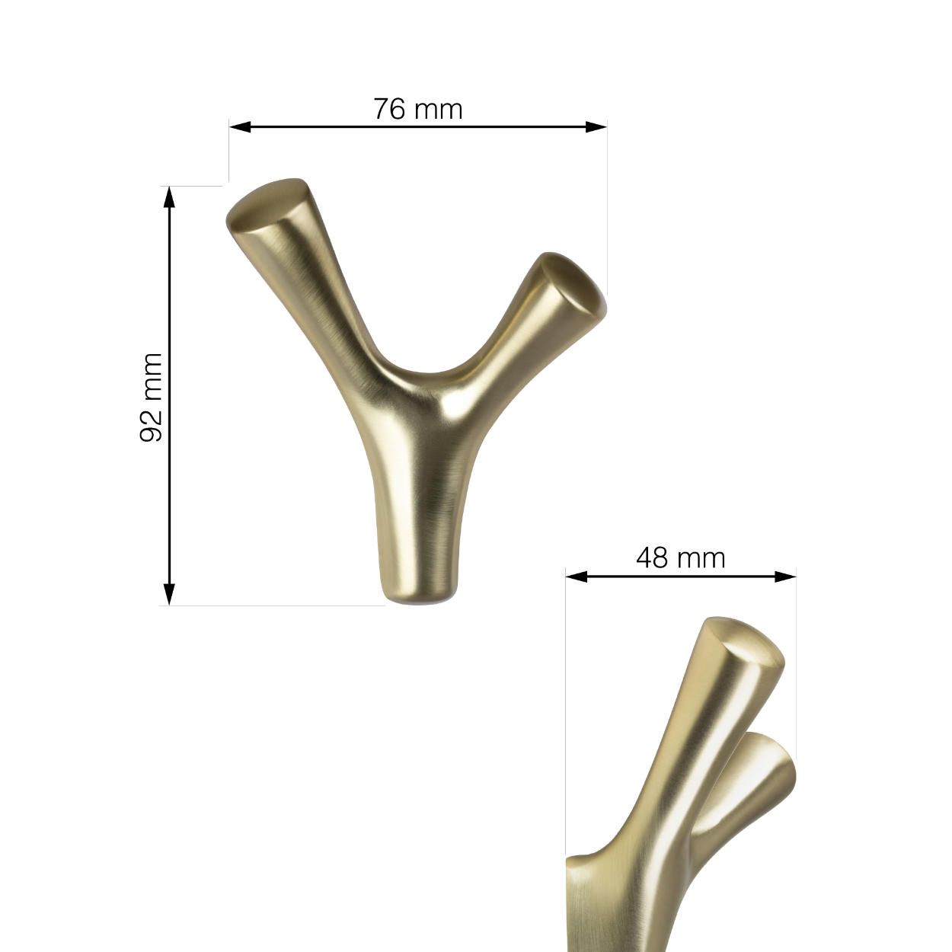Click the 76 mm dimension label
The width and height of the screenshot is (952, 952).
[x=417, y=109]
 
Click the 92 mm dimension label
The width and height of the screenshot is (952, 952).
[x=152, y=397]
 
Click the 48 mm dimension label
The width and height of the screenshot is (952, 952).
[x=680, y=558]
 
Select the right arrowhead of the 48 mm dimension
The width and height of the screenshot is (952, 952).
[x=786, y=577]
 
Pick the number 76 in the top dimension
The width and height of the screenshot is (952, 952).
[x=388, y=109]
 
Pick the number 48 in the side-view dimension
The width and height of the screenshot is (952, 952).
[x=652, y=558]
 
